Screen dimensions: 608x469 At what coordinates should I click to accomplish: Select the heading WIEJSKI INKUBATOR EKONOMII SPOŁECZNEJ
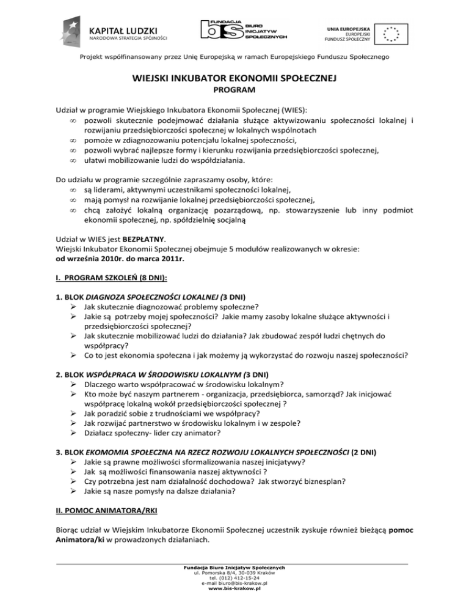[x=234, y=78]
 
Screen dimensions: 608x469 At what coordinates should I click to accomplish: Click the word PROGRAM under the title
[x=234, y=91]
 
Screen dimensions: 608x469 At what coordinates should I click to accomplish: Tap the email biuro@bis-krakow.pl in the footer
[x=234, y=584]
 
